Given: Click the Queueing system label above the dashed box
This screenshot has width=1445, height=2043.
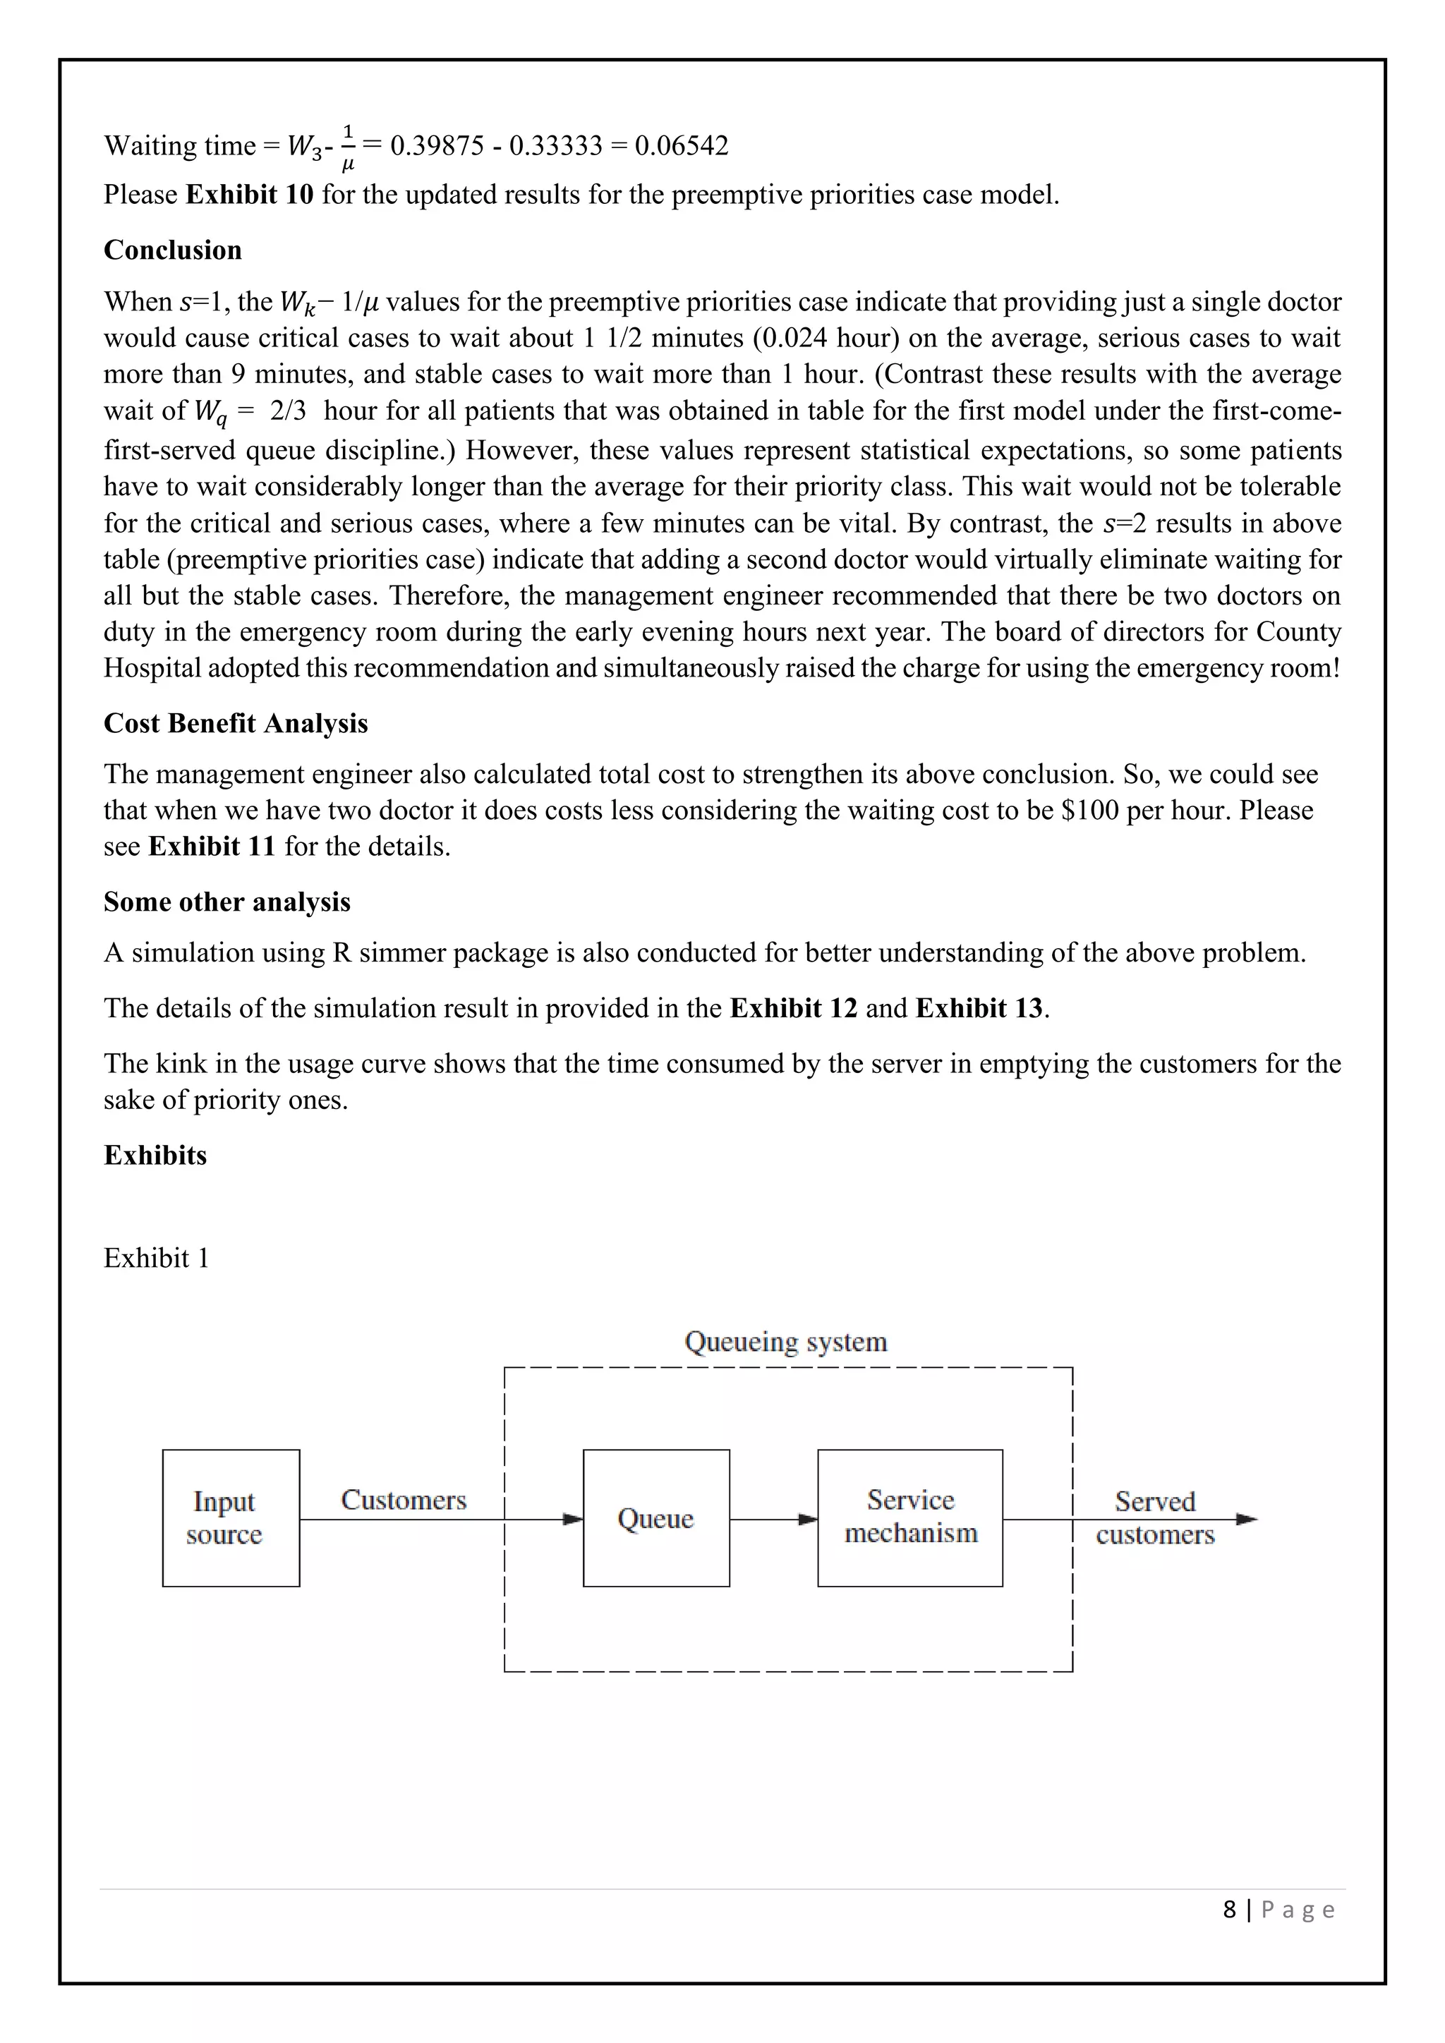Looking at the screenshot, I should pyautogui.click(x=786, y=1342).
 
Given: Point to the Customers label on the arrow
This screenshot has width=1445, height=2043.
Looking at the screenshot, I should pyautogui.click(x=403, y=1501).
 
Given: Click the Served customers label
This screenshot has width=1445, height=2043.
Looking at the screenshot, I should pyautogui.click(x=1155, y=1518).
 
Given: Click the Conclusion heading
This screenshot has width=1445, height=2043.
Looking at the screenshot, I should pyautogui.click(x=173, y=250).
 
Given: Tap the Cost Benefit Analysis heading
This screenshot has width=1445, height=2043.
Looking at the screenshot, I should pyautogui.click(x=236, y=723).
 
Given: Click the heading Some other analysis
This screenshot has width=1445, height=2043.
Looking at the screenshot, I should pyautogui.click(x=227, y=902).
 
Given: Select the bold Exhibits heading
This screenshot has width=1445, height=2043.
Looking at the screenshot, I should pyautogui.click(x=155, y=1156).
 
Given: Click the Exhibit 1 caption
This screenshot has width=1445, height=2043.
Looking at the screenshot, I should pyautogui.click(x=157, y=1259).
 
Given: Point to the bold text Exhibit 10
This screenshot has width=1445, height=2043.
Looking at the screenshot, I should pyautogui.click(x=249, y=195).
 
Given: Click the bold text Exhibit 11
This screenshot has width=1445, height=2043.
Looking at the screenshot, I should pyautogui.click(x=212, y=847).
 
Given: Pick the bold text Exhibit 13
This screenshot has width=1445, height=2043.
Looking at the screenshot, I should pyautogui.click(x=979, y=1008).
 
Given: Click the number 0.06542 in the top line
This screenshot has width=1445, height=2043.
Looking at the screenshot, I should pyautogui.click(x=682, y=146).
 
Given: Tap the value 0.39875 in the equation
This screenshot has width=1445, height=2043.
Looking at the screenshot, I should pyautogui.click(x=437, y=146).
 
